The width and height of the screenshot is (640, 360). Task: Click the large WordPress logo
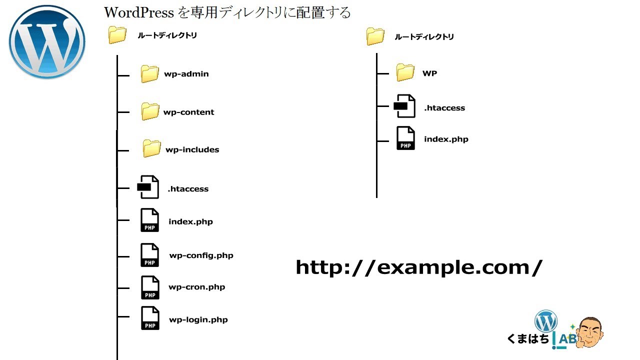click(47, 41)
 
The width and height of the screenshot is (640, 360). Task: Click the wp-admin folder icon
click(149, 74)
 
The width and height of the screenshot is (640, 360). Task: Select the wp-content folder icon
click(149, 111)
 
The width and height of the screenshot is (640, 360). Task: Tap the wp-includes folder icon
click(151, 148)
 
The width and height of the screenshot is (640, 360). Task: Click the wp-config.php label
click(201, 255)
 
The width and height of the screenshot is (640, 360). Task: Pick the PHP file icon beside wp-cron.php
click(150, 287)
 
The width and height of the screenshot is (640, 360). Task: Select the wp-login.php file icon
click(150, 318)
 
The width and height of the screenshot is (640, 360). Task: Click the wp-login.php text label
click(198, 320)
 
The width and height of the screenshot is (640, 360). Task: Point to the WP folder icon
click(405, 72)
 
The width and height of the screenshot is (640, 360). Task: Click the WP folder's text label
click(429, 73)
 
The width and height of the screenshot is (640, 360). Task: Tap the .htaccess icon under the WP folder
click(405, 106)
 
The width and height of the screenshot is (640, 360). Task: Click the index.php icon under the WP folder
click(405, 138)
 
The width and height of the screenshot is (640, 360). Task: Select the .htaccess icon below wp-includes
click(148, 187)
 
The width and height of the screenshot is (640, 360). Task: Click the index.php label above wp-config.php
click(190, 221)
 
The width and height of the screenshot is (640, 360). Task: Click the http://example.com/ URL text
click(418, 267)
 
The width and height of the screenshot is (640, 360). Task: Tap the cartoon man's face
click(590, 331)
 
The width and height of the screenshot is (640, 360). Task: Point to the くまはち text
click(528, 339)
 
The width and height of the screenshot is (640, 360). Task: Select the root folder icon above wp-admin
click(117, 35)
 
